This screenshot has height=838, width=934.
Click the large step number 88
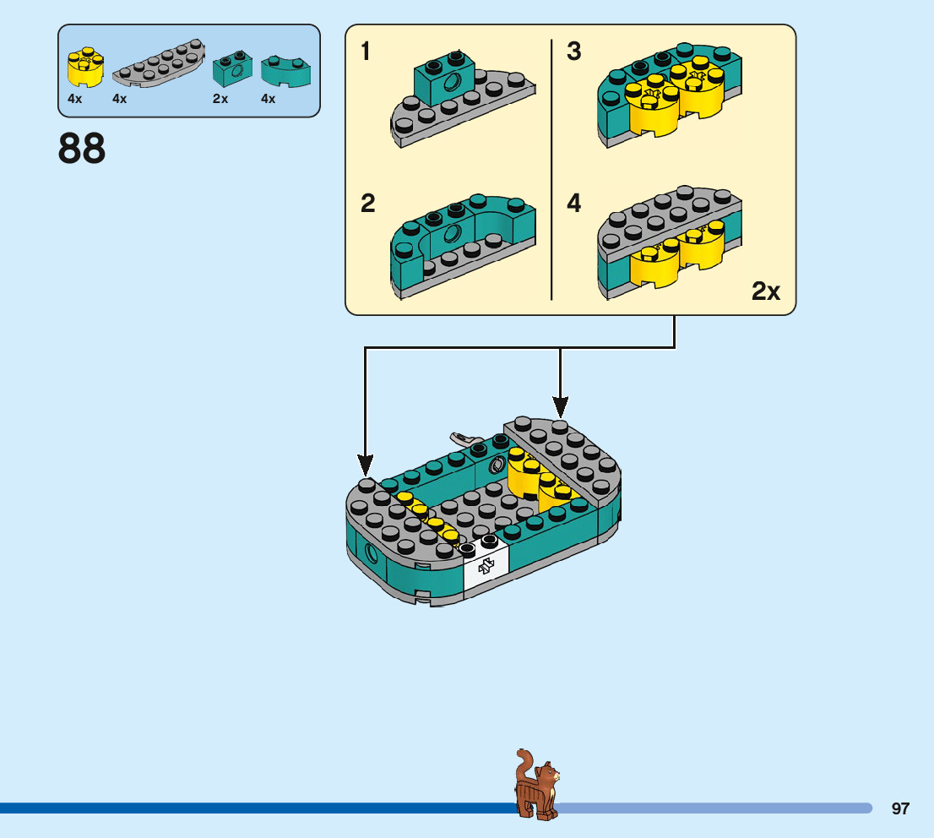(82, 149)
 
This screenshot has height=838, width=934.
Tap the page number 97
(900, 808)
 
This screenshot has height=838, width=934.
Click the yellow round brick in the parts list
(85, 68)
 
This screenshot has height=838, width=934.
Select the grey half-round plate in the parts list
(159, 65)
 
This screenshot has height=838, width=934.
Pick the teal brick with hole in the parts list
(232, 68)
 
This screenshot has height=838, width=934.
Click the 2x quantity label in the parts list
(220, 99)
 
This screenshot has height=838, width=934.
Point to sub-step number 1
(366, 52)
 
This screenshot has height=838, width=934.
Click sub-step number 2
(367, 204)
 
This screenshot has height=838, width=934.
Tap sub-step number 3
(574, 52)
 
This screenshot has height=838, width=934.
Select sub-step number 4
(574, 204)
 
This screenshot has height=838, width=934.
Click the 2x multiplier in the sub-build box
(766, 292)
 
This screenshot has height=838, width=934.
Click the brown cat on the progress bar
(537, 786)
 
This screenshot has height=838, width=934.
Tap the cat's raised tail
(524, 759)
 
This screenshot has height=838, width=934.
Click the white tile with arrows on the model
(486, 567)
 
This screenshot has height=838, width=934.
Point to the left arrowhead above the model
(365, 464)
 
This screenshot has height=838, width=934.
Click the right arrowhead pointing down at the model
(560, 406)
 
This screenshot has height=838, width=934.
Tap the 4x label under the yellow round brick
(75, 99)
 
